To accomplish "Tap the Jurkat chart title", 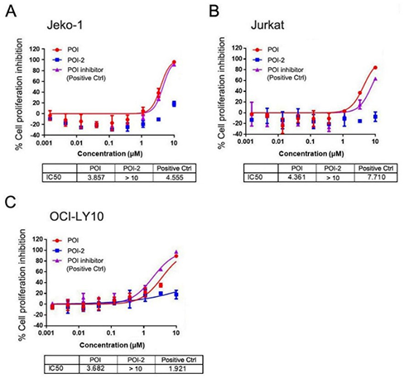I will [x=266, y=25].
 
